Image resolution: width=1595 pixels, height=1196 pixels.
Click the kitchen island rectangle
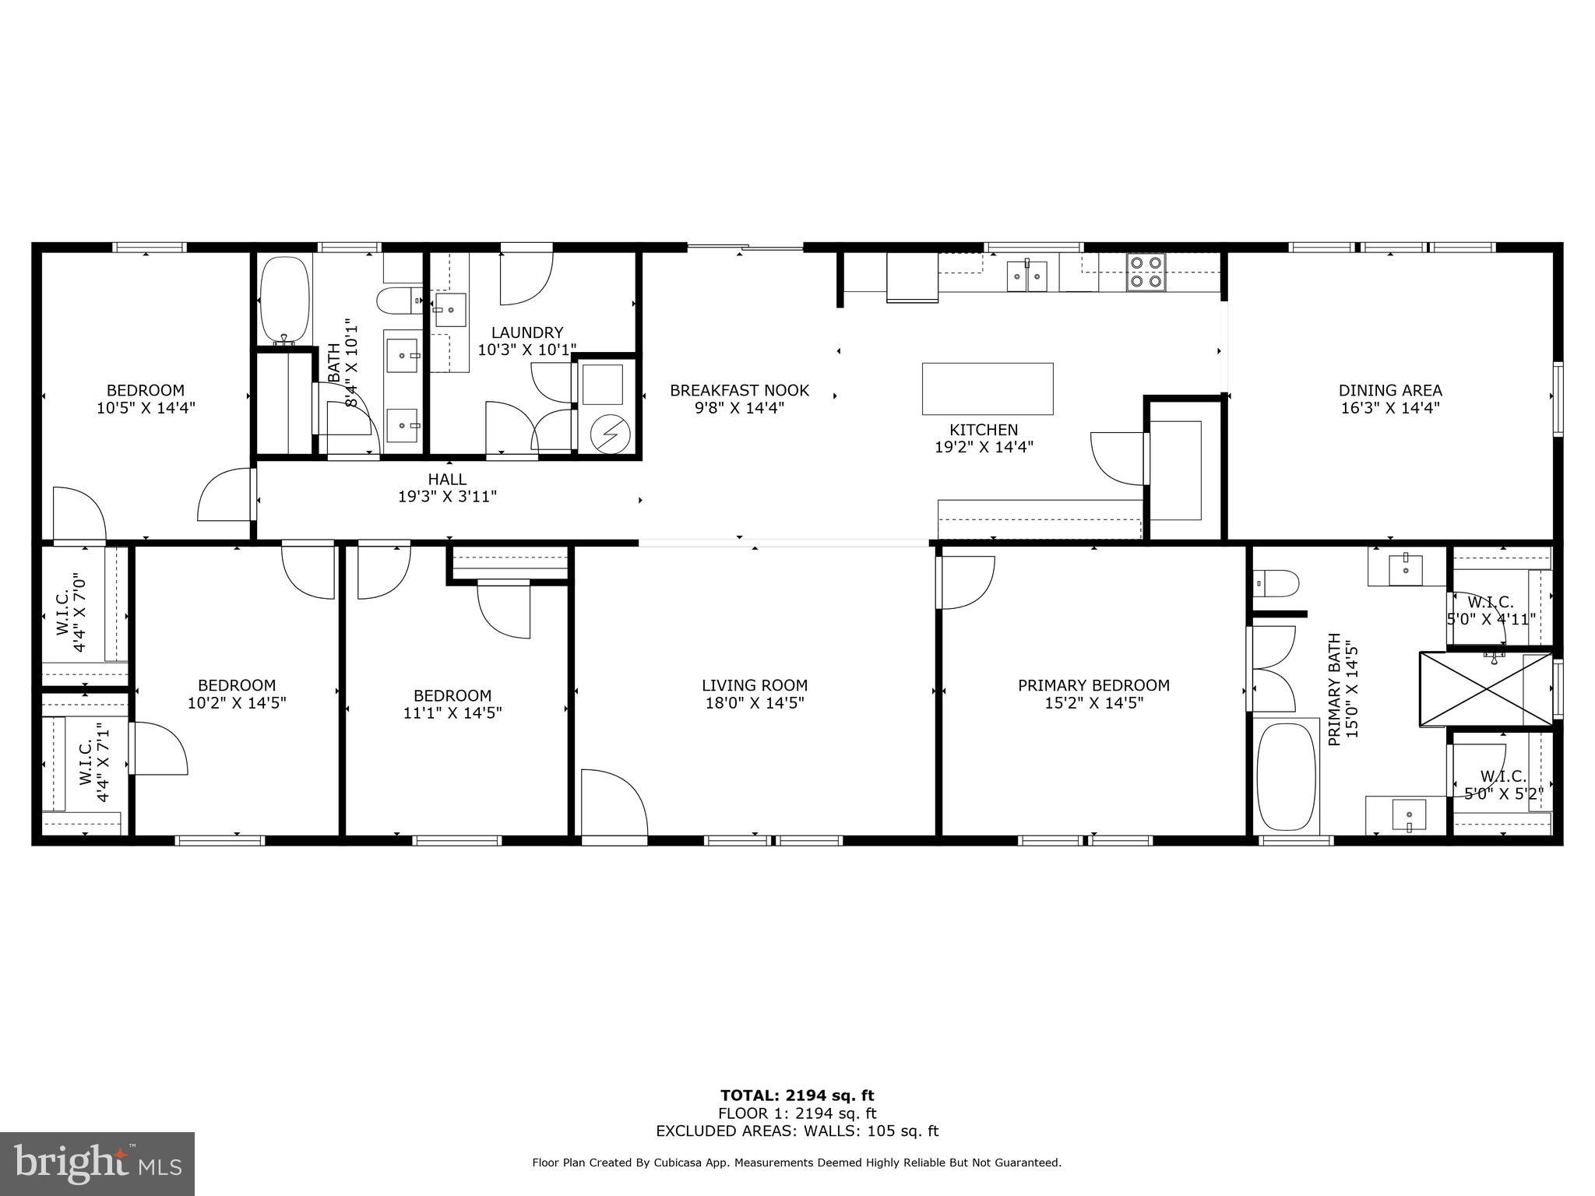click(x=988, y=389)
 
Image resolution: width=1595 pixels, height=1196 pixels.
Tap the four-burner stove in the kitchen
click(x=1146, y=273)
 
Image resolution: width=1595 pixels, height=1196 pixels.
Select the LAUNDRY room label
click(x=527, y=332)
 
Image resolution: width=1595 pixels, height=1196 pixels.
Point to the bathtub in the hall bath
click(x=285, y=299)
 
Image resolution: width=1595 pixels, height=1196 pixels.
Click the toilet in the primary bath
click(x=1277, y=582)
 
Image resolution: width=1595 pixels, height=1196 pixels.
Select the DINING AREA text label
click(x=1390, y=390)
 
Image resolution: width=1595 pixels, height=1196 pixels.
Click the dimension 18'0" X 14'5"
click(x=754, y=703)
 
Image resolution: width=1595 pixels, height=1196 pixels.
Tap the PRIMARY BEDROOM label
click(x=1093, y=685)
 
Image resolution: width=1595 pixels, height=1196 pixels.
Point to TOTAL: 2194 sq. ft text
click(x=797, y=1096)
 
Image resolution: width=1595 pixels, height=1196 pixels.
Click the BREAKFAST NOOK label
click(x=739, y=390)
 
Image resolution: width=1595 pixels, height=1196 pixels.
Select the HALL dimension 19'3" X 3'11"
click(x=447, y=497)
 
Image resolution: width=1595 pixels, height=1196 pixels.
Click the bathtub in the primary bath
click(x=1286, y=776)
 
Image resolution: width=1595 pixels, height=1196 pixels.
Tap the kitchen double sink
click(x=1027, y=276)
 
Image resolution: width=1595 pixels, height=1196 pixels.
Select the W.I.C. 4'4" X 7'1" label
click(x=93, y=762)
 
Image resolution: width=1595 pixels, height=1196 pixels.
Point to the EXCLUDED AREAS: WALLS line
click(x=797, y=1131)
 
